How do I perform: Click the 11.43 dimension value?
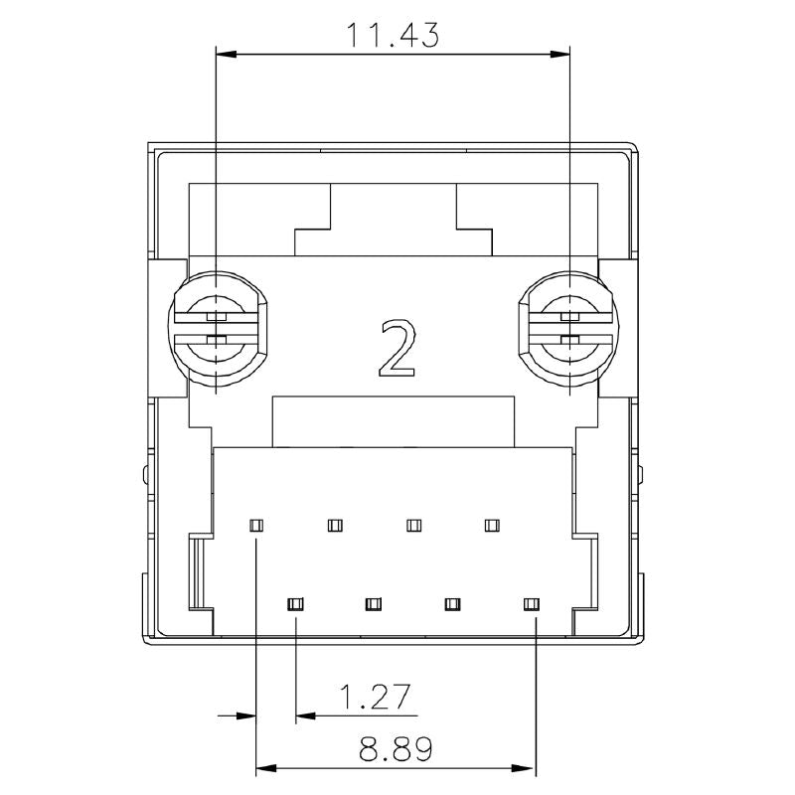click(393, 35)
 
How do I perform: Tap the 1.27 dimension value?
click(375, 697)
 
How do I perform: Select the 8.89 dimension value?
click(396, 749)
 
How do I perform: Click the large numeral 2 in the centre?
click(398, 348)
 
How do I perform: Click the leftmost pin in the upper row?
click(256, 526)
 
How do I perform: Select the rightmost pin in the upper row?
click(492, 526)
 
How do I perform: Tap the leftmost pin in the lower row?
click(295, 604)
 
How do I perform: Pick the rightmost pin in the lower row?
click(532, 604)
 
